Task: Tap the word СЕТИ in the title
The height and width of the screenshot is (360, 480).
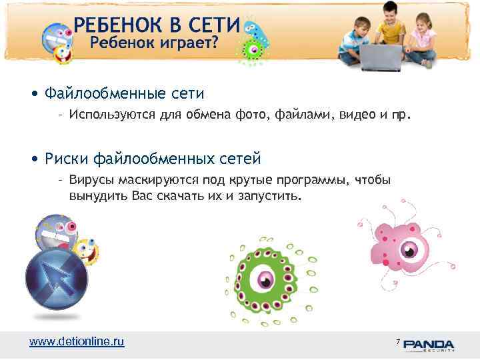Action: click(211, 26)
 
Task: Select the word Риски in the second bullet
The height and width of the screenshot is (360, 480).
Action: click(66, 159)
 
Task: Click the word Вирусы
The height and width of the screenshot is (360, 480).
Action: click(91, 180)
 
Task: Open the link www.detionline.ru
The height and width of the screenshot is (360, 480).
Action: click(77, 341)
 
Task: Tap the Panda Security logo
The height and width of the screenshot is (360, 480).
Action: click(429, 344)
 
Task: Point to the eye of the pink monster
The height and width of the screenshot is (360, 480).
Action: click(407, 251)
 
